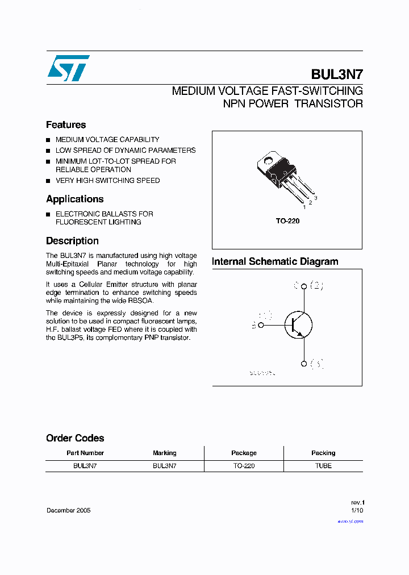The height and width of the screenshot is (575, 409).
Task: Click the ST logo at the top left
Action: (x=68, y=68)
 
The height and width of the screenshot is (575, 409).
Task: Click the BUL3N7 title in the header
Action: (x=337, y=74)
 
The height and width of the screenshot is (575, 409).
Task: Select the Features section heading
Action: (x=66, y=125)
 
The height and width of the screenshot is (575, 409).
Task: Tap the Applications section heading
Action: (x=74, y=199)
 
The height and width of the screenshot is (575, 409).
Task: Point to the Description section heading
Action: (x=72, y=241)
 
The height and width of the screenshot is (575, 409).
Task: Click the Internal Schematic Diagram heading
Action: (x=275, y=262)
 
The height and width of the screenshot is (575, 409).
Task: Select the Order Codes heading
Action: (x=75, y=438)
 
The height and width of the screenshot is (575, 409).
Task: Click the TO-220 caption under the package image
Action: (x=287, y=221)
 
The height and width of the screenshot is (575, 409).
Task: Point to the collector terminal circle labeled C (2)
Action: (x=304, y=286)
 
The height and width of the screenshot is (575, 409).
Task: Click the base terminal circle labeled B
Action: (x=261, y=325)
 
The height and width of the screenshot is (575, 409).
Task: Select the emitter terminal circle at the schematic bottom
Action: (x=304, y=364)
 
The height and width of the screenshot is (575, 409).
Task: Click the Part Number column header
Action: (x=85, y=453)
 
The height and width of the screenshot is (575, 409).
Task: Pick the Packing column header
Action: (x=323, y=453)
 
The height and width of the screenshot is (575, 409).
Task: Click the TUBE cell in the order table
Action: (x=323, y=465)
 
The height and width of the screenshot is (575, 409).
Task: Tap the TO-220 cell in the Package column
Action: (x=244, y=465)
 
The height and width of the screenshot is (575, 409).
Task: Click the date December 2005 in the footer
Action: (x=68, y=510)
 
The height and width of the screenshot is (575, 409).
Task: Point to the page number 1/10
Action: (x=357, y=510)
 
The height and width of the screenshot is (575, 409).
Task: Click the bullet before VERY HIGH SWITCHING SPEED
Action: (x=49, y=181)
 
